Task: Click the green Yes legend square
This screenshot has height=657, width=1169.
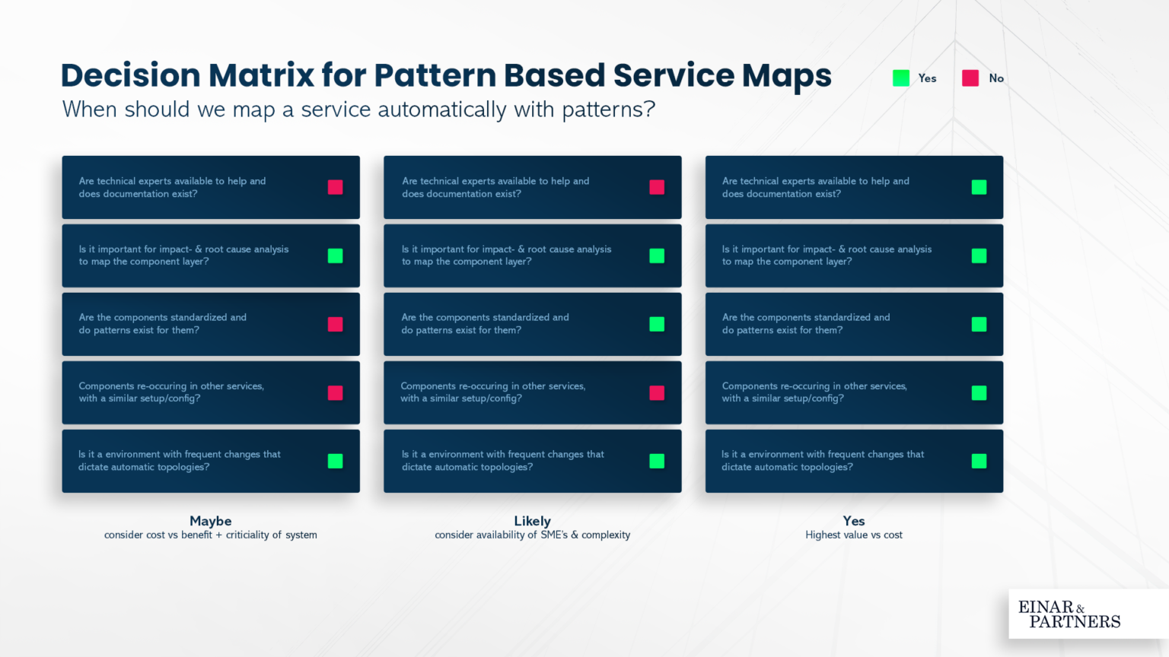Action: pos(901,78)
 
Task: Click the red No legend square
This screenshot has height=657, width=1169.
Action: pos(970,78)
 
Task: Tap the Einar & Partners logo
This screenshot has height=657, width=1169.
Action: pos(1069,614)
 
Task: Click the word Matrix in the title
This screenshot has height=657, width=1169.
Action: pos(261,75)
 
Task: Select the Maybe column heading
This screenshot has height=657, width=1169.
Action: pos(211,521)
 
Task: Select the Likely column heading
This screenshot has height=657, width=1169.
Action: pos(532,521)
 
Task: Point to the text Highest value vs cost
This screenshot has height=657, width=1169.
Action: pos(854,535)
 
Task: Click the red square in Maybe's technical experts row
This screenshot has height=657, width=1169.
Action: pos(335,187)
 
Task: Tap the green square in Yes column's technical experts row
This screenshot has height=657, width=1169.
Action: pos(979,187)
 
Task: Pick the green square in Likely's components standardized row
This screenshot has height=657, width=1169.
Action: pos(657,324)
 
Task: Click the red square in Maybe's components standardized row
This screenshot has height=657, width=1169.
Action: pos(335,324)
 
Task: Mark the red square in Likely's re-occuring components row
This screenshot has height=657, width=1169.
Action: pos(657,392)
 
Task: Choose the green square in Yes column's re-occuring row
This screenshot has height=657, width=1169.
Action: pos(979,392)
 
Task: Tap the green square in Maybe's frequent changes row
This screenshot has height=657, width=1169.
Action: pos(335,461)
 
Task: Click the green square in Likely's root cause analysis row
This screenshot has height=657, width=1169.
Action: pos(657,255)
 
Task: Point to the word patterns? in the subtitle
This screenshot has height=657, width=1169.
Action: pos(608,110)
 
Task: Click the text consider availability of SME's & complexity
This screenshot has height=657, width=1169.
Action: pos(532,535)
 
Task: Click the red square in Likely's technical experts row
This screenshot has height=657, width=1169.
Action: pos(657,187)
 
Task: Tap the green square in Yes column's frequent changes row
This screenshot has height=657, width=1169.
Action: pos(979,461)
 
